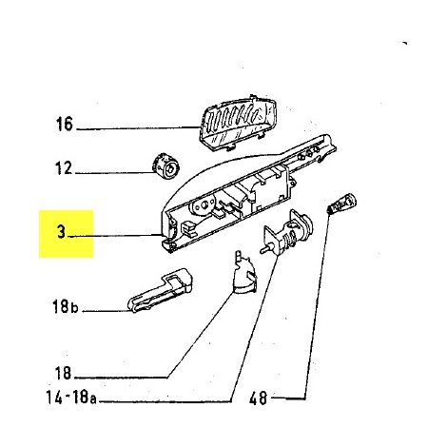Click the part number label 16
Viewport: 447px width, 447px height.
[65, 124]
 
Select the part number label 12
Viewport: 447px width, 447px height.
[64, 167]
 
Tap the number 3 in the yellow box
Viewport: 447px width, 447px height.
[62, 232]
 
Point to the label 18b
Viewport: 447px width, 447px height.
[65, 307]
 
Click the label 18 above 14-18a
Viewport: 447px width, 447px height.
[63, 373]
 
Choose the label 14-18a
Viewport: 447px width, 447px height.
[71, 397]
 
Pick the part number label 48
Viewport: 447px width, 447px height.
[259, 398]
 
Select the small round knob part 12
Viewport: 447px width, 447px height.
[165, 166]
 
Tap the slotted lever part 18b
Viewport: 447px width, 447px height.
[160, 291]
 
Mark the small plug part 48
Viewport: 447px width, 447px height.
[341, 204]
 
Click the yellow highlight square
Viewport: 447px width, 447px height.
[66, 234]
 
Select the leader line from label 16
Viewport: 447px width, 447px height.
[137, 128]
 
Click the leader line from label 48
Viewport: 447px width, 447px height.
[316, 304]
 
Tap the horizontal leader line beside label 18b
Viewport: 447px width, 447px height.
[107, 311]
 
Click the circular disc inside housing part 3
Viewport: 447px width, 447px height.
[203, 206]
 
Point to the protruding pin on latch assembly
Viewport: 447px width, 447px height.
[265, 249]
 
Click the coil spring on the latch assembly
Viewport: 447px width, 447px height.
[290, 238]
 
